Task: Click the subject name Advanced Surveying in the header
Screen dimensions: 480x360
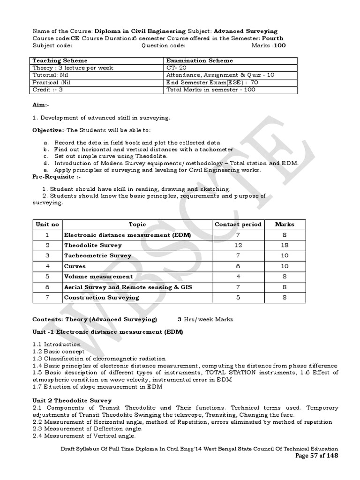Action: click(x=246, y=31)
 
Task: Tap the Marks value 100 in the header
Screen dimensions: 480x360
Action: click(x=279, y=45)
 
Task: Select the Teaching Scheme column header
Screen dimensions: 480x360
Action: click(x=60, y=60)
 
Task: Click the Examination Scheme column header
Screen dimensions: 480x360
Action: click(x=200, y=60)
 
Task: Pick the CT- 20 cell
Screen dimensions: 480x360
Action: click(x=176, y=67)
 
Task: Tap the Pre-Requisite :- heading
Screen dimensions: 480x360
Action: click(x=56, y=177)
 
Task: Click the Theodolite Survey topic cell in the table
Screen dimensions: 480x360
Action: click(x=93, y=245)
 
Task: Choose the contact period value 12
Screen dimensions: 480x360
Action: click(x=238, y=245)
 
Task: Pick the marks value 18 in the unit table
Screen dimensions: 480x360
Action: click(x=285, y=245)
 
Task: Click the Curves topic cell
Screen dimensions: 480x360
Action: click(x=75, y=266)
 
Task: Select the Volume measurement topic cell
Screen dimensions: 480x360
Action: click(x=98, y=277)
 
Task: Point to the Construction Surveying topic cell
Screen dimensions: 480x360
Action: click(x=102, y=297)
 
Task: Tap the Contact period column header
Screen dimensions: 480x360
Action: click(x=238, y=225)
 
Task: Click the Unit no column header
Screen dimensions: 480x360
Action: click(x=47, y=225)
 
